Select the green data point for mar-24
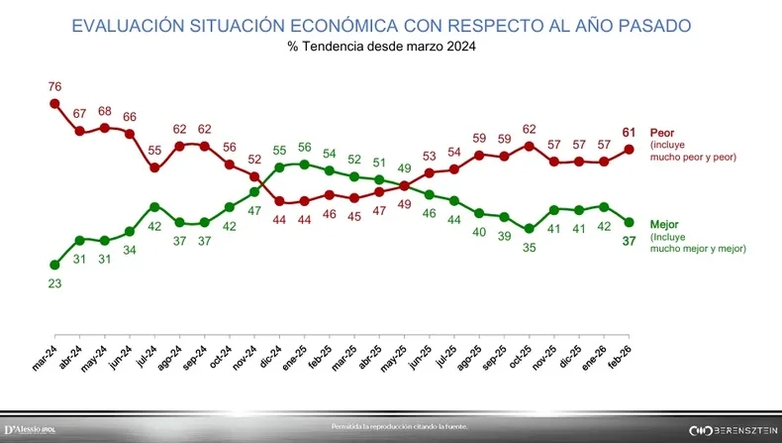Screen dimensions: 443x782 pyautogui.click(x=55, y=264)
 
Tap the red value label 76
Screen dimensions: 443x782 pyautogui.click(x=55, y=85)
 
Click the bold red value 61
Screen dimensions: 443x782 pyautogui.click(x=629, y=133)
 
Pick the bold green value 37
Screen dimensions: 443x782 pyautogui.click(x=629, y=241)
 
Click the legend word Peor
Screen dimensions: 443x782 pyautogui.click(x=661, y=133)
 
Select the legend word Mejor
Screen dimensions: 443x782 pyautogui.click(x=664, y=225)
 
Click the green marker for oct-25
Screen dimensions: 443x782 pyautogui.click(x=529, y=229)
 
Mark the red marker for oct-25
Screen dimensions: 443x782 pyautogui.click(x=529, y=145)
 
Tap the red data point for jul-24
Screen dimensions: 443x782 pyautogui.click(x=155, y=167)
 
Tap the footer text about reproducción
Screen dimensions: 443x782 pyautogui.click(x=398, y=427)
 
